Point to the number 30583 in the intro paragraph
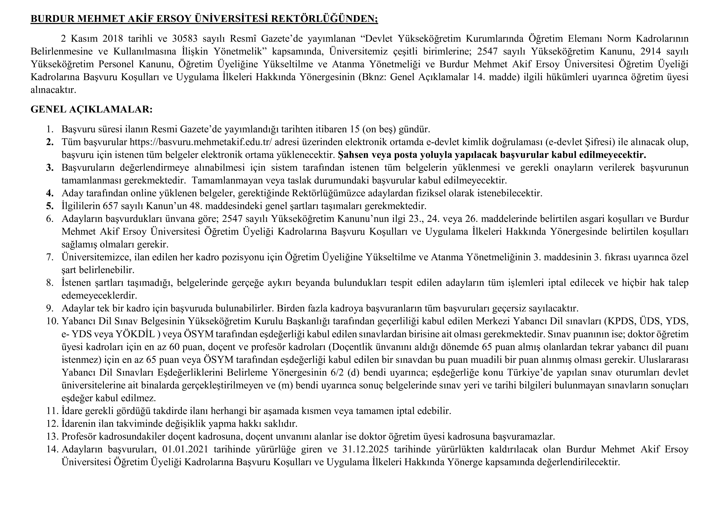click(x=185, y=38)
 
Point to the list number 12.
click(x=52, y=424)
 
